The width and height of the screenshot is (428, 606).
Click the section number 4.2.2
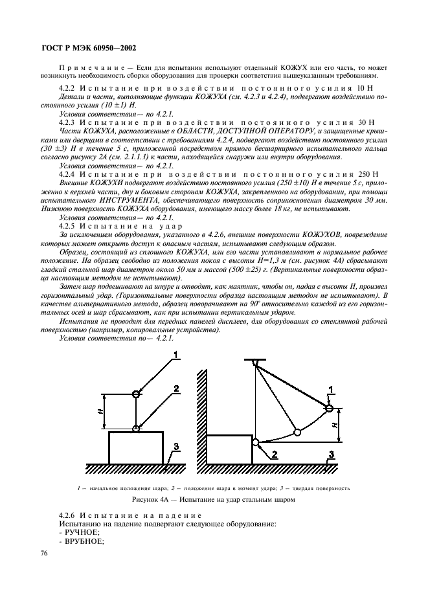coord(69,87)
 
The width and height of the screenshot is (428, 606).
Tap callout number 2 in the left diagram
coord(175,388)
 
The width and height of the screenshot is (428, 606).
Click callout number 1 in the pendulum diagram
coord(331,388)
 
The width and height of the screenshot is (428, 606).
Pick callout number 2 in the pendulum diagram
coord(273,455)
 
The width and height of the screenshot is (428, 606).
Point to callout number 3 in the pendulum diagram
coord(331,454)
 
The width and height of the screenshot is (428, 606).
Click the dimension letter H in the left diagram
coord(96,410)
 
